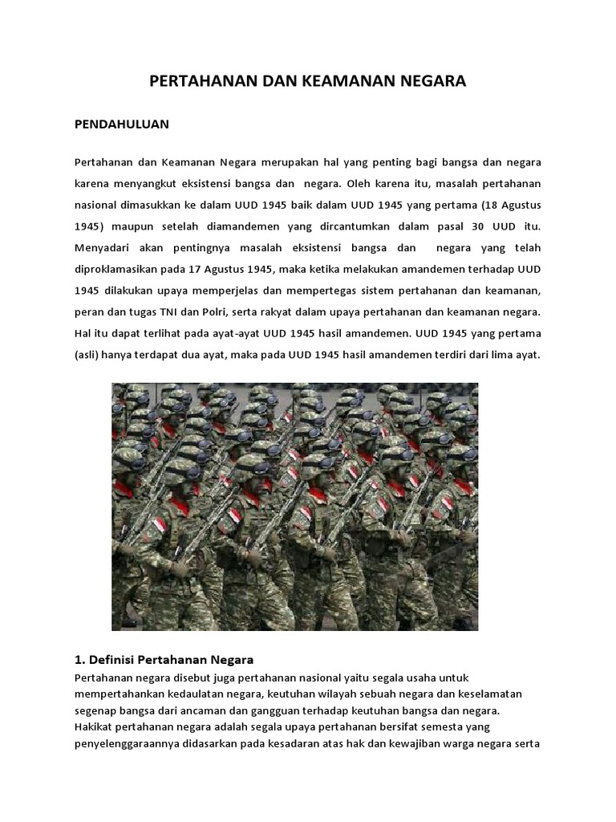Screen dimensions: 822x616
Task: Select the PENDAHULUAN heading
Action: pyautogui.click(x=121, y=125)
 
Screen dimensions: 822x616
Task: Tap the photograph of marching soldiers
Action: pyautogui.click(x=294, y=506)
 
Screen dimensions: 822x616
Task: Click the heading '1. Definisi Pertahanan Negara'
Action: pyautogui.click(x=164, y=659)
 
